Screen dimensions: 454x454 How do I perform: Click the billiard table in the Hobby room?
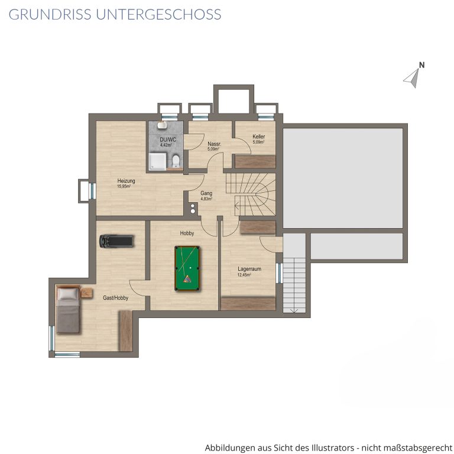click(187, 268)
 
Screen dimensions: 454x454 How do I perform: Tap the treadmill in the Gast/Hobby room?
click(116, 241)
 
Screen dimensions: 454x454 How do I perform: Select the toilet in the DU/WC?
click(176, 161)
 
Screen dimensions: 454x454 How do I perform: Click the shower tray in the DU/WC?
click(157, 161)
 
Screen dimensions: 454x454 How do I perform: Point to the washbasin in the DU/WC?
click(162, 125)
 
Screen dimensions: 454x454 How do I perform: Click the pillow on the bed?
click(68, 293)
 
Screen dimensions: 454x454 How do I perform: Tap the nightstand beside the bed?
click(86, 293)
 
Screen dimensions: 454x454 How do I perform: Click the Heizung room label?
click(127, 181)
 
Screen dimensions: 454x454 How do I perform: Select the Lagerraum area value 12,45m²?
click(244, 275)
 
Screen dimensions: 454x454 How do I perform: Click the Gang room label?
click(206, 193)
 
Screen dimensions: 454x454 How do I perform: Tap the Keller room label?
click(258, 137)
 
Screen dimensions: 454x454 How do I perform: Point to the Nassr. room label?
click(214, 144)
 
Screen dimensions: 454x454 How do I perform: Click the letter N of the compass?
click(421, 65)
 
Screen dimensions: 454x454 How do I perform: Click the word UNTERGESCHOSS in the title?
click(158, 14)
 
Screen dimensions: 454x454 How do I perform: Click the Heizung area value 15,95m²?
click(124, 186)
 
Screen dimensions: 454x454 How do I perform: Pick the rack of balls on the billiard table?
click(187, 279)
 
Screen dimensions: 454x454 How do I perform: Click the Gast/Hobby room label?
click(115, 298)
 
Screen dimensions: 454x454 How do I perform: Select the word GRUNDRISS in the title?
click(50, 14)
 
